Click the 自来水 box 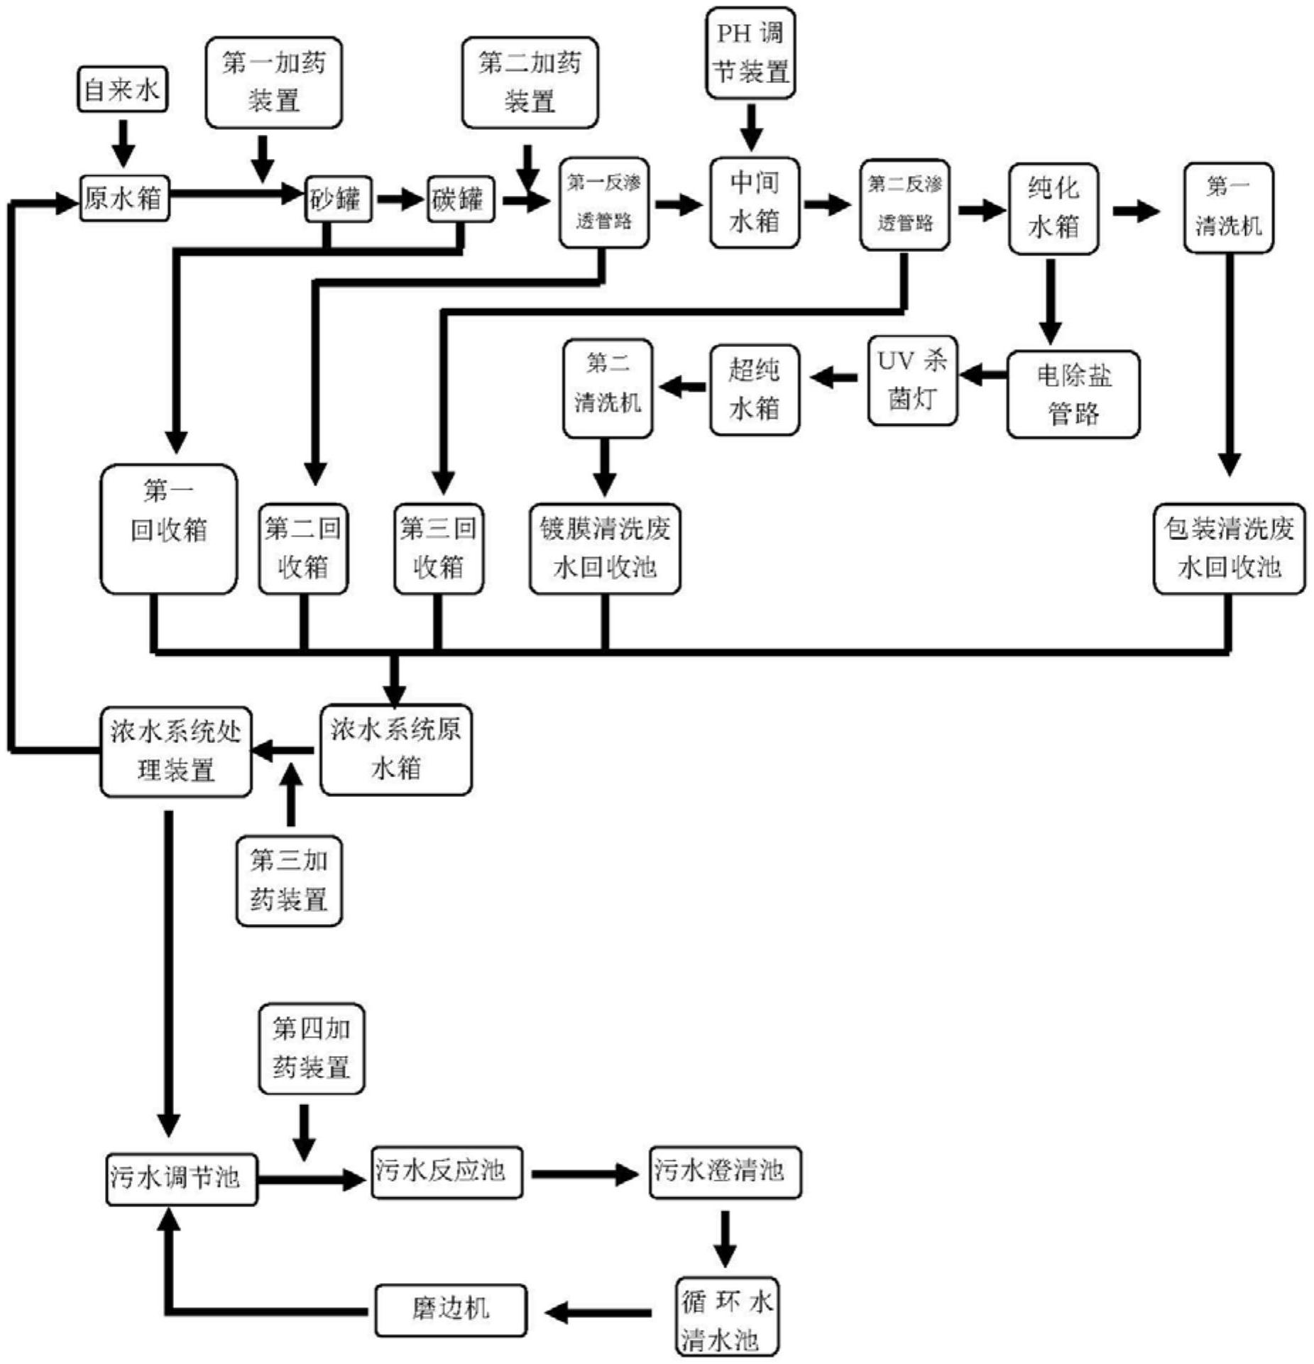(122, 89)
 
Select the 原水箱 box (124, 198)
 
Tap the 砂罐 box (338, 199)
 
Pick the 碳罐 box (460, 199)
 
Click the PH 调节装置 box (750, 53)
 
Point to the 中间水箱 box (755, 203)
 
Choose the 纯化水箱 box (1053, 209)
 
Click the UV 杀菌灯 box (912, 381)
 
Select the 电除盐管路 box (1073, 395)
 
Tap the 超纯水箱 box (755, 390)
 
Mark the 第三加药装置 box (289, 881)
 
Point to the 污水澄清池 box (725, 1172)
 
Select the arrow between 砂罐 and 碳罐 (399, 199)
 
